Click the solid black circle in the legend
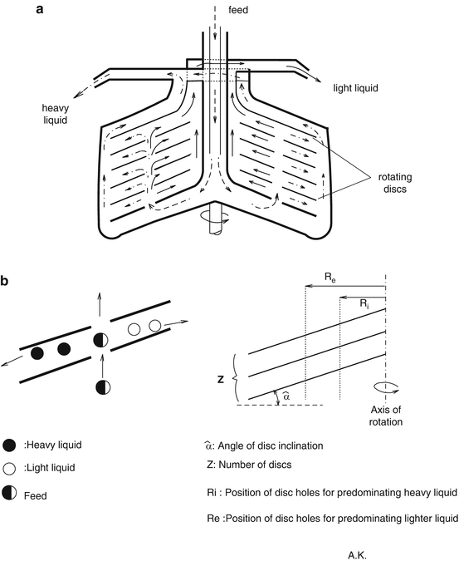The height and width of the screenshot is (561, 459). click(9, 445)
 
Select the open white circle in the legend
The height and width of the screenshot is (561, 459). click(9, 470)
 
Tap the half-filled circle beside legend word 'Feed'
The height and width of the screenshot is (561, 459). click(9, 495)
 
